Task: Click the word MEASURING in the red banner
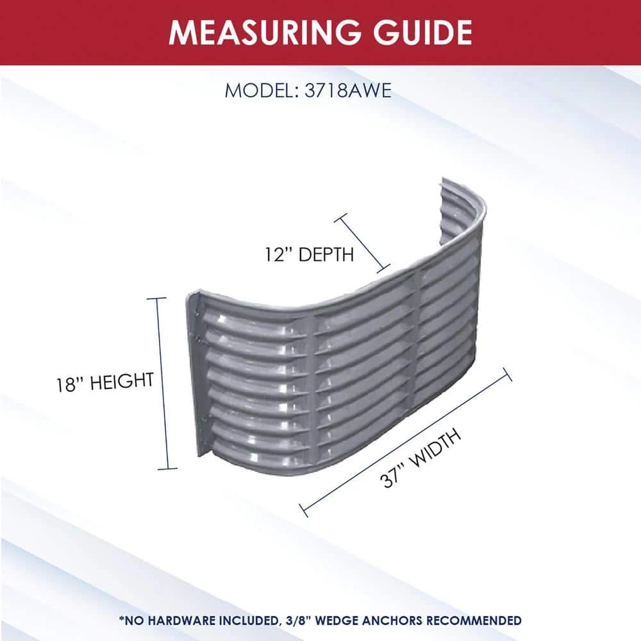pyautogui.click(x=265, y=32)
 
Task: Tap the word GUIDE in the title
pyautogui.click(x=422, y=32)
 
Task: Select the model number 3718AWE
pyautogui.click(x=348, y=90)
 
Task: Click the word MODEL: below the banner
pyautogui.click(x=261, y=90)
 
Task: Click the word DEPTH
pyautogui.click(x=326, y=254)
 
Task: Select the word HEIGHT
pyautogui.click(x=122, y=381)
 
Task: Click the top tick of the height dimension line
pyautogui.click(x=156, y=299)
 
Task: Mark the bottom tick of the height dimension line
pyautogui.click(x=167, y=469)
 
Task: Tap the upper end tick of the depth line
pyautogui.click(x=340, y=218)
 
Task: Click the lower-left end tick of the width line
pyautogui.click(x=304, y=510)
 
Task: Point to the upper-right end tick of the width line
pyautogui.click(x=507, y=374)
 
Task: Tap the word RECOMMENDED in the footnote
pyautogui.click(x=474, y=620)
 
